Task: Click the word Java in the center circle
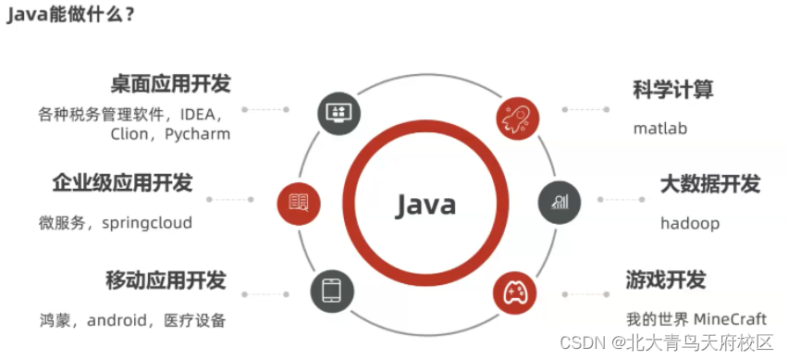pyautogui.click(x=425, y=205)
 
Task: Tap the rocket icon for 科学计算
pyautogui.click(x=518, y=119)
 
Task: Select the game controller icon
pyautogui.click(x=514, y=292)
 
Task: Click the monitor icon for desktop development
pyautogui.click(x=339, y=112)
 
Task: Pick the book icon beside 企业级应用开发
pyautogui.click(x=299, y=203)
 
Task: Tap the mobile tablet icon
pyautogui.click(x=332, y=292)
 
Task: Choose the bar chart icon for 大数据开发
pyautogui.click(x=560, y=203)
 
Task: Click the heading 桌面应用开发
pyautogui.click(x=170, y=84)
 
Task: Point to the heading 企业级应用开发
pyautogui.click(x=123, y=183)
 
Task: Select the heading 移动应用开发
pyautogui.click(x=166, y=280)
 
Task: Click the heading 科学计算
pyautogui.click(x=673, y=90)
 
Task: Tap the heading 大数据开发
pyautogui.click(x=710, y=184)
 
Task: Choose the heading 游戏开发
pyautogui.click(x=666, y=279)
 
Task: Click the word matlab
pyautogui.click(x=660, y=129)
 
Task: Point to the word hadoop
pyautogui.click(x=690, y=223)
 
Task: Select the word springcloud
pyautogui.click(x=147, y=223)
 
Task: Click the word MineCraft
pyautogui.click(x=731, y=318)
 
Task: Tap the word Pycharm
pyautogui.click(x=198, y=134)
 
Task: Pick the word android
pyautogui.click(x=117, y=320)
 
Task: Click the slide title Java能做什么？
pyautogui.click(x=70, y=16)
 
